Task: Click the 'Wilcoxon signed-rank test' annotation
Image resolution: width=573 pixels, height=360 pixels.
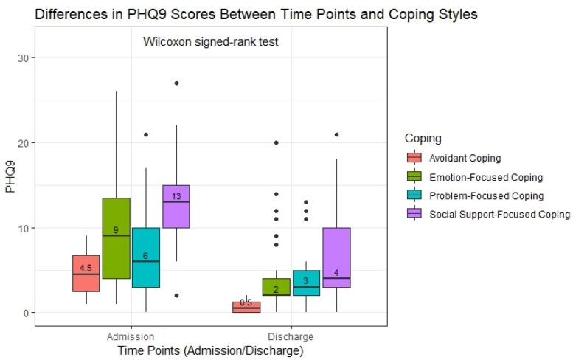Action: coord(209,42)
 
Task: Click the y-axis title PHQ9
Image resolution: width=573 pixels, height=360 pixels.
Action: coord(10,178)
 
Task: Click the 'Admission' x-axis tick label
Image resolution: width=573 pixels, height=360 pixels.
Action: coord(130,336)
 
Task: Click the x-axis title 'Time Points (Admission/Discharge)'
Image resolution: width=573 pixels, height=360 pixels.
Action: coord(210,351)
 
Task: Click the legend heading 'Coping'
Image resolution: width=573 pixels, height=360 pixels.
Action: coord(423,138)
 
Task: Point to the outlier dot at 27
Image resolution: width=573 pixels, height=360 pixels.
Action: coord(176,83)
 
